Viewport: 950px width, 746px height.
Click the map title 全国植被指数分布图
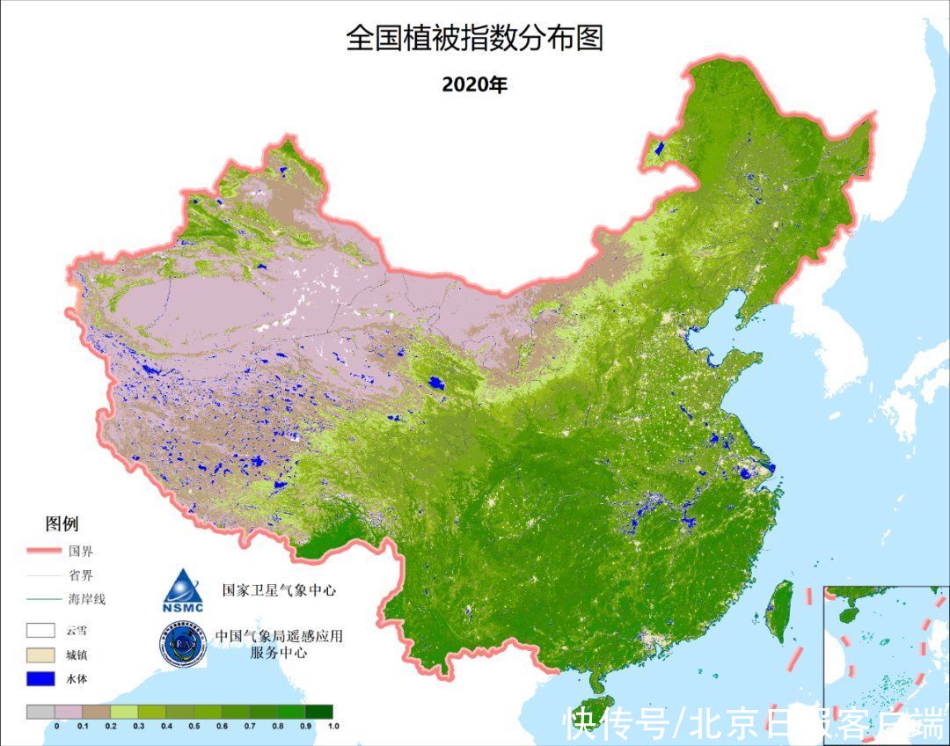(x=474, y=39)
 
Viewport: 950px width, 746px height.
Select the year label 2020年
(x=474, y=84)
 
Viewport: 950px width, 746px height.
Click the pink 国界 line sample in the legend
(x=42, y=552)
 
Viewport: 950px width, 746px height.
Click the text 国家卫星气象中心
(x=279, y=590)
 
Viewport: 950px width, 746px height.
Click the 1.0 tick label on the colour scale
(x=333, y=726)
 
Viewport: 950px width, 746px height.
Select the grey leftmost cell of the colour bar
(x=40, y=712)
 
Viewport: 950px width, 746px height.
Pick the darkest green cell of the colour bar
(x=319, y=712)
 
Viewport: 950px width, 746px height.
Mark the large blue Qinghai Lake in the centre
(x=434, y=384)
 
